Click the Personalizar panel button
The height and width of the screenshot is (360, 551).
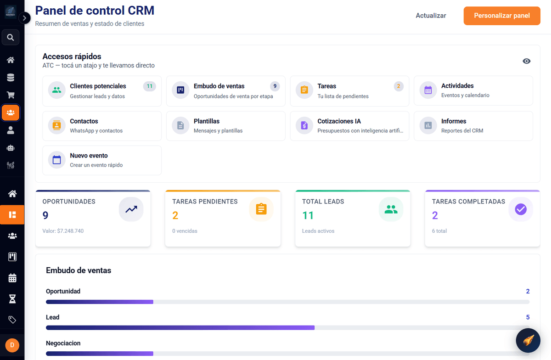point(502,16)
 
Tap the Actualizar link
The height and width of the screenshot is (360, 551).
point(431,16)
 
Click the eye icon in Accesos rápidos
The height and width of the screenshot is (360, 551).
point(526,61)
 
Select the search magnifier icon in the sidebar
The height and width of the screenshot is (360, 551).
point(10,37)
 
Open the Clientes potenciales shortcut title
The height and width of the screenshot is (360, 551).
point(98,86)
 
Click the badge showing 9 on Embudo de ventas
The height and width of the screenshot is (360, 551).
point(275,86)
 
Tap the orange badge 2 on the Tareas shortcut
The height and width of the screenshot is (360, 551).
point(399,86)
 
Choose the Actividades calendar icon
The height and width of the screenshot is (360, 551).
point(428,90)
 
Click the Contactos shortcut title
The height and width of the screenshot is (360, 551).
point(84,121)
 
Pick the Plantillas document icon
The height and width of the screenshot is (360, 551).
point(180,125)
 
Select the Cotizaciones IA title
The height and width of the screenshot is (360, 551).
point(339,121)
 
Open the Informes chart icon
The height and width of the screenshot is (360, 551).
point(428,125)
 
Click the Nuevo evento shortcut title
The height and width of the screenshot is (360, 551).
point(89,156)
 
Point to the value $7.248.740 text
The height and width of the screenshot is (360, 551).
point(70,231)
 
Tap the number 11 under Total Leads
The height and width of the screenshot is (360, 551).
point(308,215)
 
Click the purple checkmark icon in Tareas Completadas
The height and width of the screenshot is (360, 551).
point(521,209)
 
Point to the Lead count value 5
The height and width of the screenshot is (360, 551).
point(528,317)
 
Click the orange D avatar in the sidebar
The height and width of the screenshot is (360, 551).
point(12,345)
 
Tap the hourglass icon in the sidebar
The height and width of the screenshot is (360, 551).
point(12,299)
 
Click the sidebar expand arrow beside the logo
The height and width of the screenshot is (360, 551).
point(24,18)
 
